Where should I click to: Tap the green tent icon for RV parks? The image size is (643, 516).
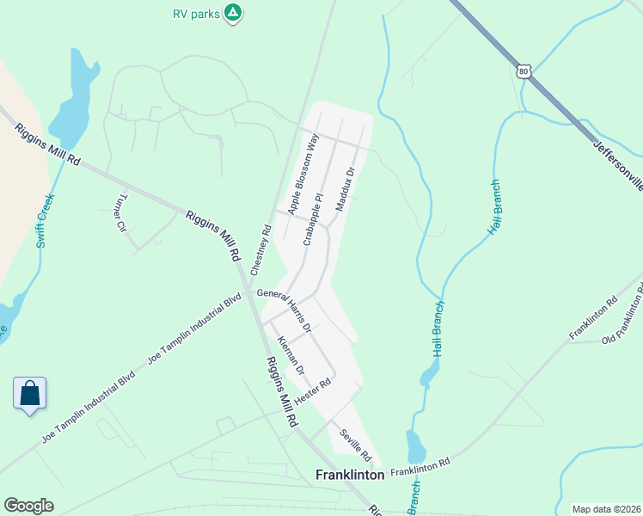click(232, 12)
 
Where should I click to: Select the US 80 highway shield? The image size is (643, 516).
click(524, 71)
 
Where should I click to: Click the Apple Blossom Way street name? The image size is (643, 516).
click(303, 175)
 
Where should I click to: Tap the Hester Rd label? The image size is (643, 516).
click(312, 393)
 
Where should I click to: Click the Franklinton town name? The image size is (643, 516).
click(350, 474)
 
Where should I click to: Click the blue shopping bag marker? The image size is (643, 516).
click(30, 394)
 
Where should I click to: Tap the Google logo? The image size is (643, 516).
click(28, 506)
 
